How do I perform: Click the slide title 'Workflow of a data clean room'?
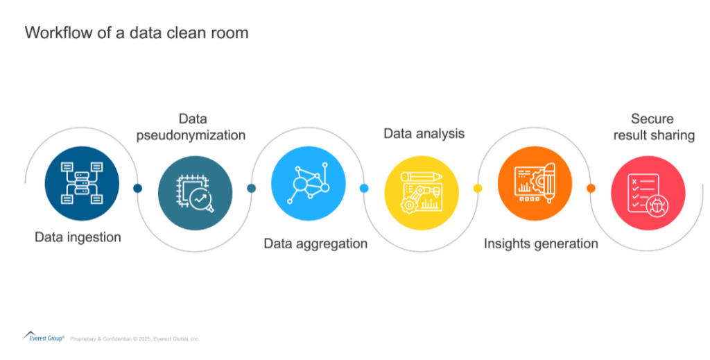136,33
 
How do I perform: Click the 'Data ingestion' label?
78,237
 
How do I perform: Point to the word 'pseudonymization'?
193,135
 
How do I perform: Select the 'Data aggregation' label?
315,243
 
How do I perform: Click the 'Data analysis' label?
424,133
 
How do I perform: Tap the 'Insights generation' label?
541,243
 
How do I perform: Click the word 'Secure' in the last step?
652,119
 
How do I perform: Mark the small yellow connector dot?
477,188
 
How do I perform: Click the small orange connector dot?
591,188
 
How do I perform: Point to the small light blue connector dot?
364,188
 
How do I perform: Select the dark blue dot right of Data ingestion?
137,188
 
